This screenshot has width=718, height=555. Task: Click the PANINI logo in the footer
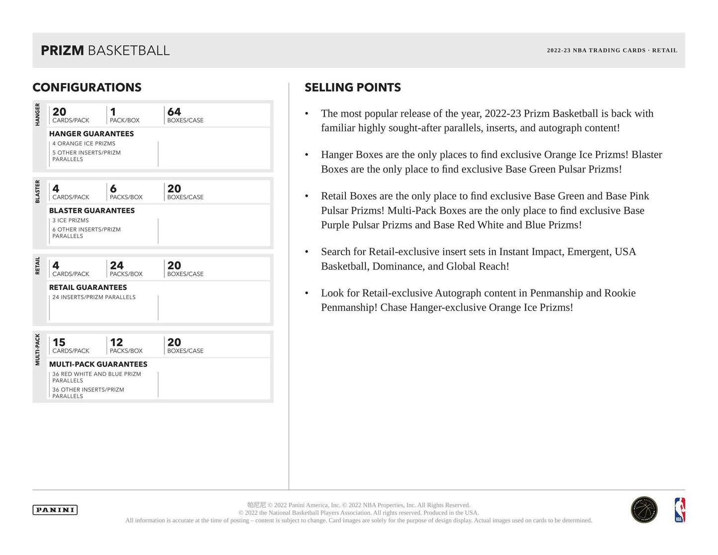click(55, 510)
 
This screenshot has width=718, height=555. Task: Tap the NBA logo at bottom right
click(679, 510)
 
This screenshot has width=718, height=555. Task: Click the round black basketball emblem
click(644, 510)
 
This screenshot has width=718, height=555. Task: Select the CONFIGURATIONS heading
click(87, 88)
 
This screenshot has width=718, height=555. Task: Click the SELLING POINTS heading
click(353, 88)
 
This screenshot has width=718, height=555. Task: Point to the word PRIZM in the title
click(62, 50)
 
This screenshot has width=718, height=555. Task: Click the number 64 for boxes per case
click(174, 112)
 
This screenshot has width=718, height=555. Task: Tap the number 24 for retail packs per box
click(117, 266)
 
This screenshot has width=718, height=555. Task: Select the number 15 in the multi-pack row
click(59, 342)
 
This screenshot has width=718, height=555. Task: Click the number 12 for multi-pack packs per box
click(116, 342)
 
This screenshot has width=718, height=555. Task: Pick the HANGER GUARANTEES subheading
click(91, 134)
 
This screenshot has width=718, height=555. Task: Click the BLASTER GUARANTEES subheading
click(92, 210)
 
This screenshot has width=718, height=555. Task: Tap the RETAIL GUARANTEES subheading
click(88, 287)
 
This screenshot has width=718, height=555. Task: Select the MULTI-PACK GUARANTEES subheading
click(98, 364)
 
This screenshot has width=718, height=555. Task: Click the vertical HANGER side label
click(38, 114)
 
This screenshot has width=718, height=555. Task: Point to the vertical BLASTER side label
click(38, 191)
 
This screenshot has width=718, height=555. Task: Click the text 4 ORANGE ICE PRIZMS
click(84, 143)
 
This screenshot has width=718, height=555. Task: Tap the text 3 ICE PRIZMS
click(71, 220)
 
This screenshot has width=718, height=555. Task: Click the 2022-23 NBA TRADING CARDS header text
click(596, 50)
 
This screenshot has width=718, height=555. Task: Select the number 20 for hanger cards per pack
click(59, 112)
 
